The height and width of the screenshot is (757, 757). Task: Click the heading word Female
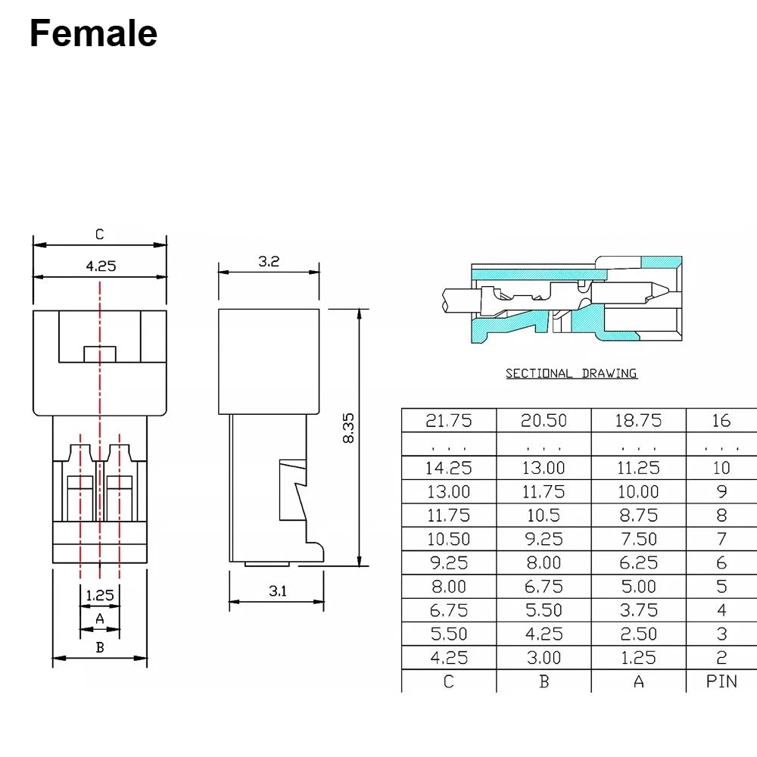tap(94, 33)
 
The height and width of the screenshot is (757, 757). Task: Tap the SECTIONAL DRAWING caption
tap(571, 373)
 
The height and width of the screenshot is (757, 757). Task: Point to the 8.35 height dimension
tap(348, 428)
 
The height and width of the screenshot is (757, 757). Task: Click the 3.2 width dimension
tap(269, 261)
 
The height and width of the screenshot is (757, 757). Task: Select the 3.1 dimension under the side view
tap(278, 591)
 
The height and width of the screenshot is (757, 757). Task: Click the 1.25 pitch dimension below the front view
tap(100, 595)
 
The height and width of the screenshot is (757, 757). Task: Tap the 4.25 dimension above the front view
tap(101, 266)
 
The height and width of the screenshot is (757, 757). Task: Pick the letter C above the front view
tap(99, 235)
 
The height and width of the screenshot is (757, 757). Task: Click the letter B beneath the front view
tap(100, 647)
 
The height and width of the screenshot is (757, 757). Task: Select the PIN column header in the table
tap(721, 681)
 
